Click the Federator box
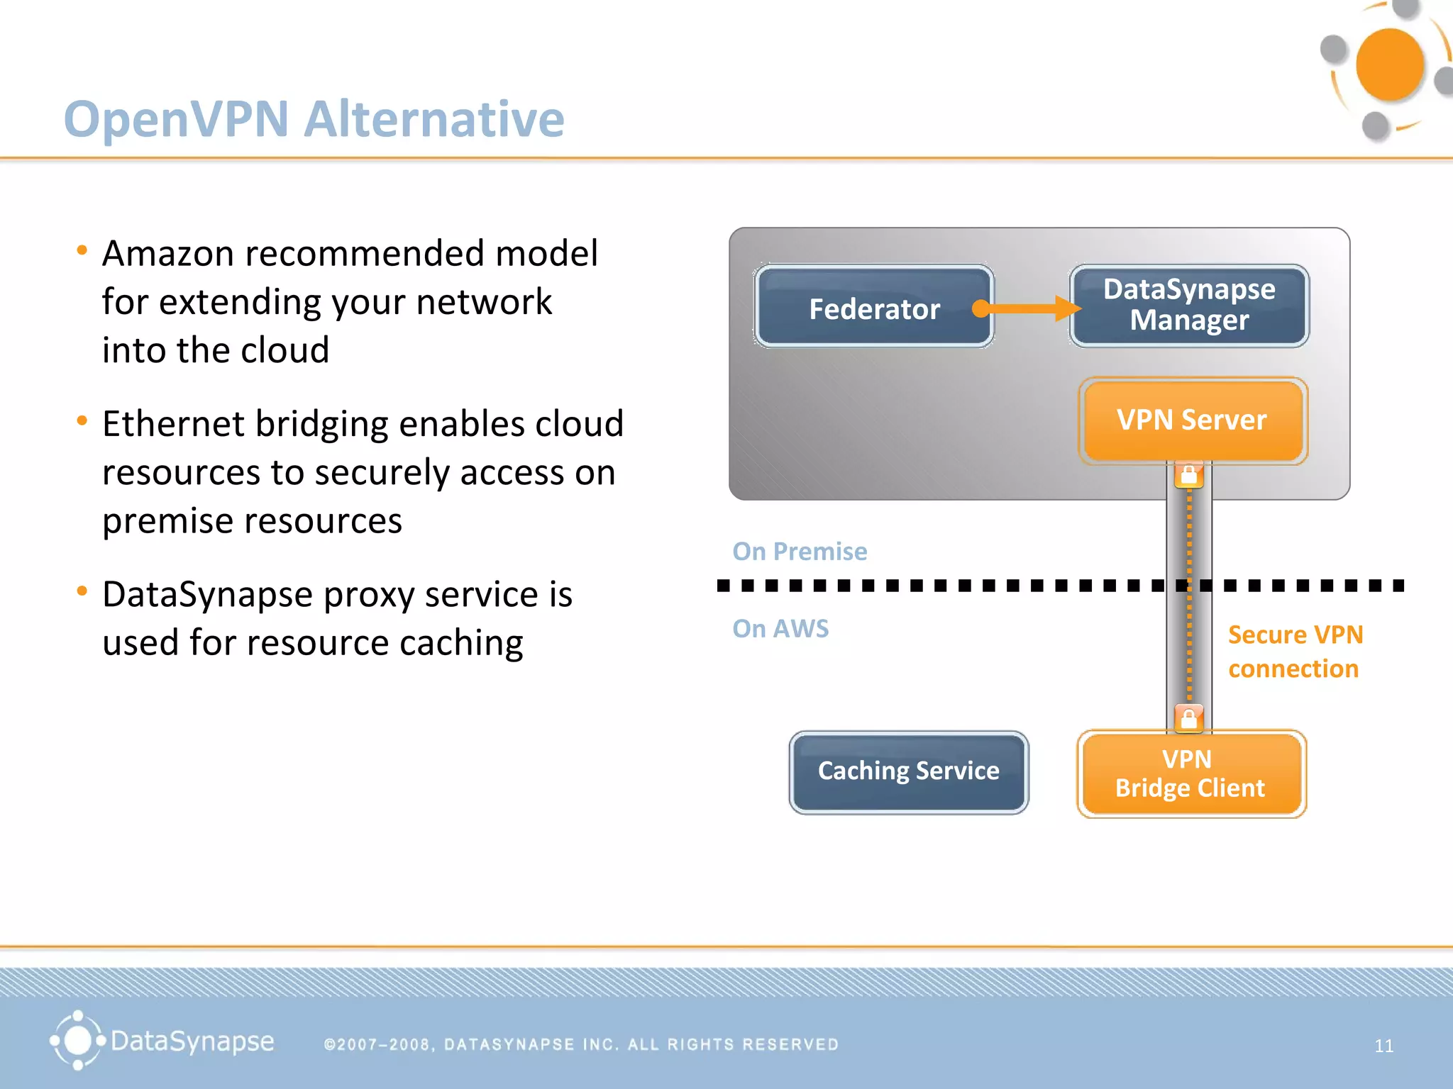[x=874, y=308]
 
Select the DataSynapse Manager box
[x=1189, y=306]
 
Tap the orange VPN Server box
[x=1192, y=420]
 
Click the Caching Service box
[x=908, y=771]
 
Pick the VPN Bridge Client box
[x=1190, y=774]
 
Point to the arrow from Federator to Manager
[x=1029, y=308]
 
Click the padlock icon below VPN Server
[x=1189, y=475]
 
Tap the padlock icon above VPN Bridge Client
[x=1189, y=718]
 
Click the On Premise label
[x=800, y=552]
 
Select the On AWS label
[x=780, y=629]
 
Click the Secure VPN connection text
[x=1295, y=652]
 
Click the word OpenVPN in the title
[x=176, y=118]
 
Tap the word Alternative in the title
[x=434, y=118]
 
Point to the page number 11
[x=1383, y=1046]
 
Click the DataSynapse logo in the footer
[x=162, y=1041]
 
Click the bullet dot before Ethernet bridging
[x=82, y=421]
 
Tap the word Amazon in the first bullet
[x=167, y=254]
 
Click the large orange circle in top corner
[x=1389, y=65]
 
